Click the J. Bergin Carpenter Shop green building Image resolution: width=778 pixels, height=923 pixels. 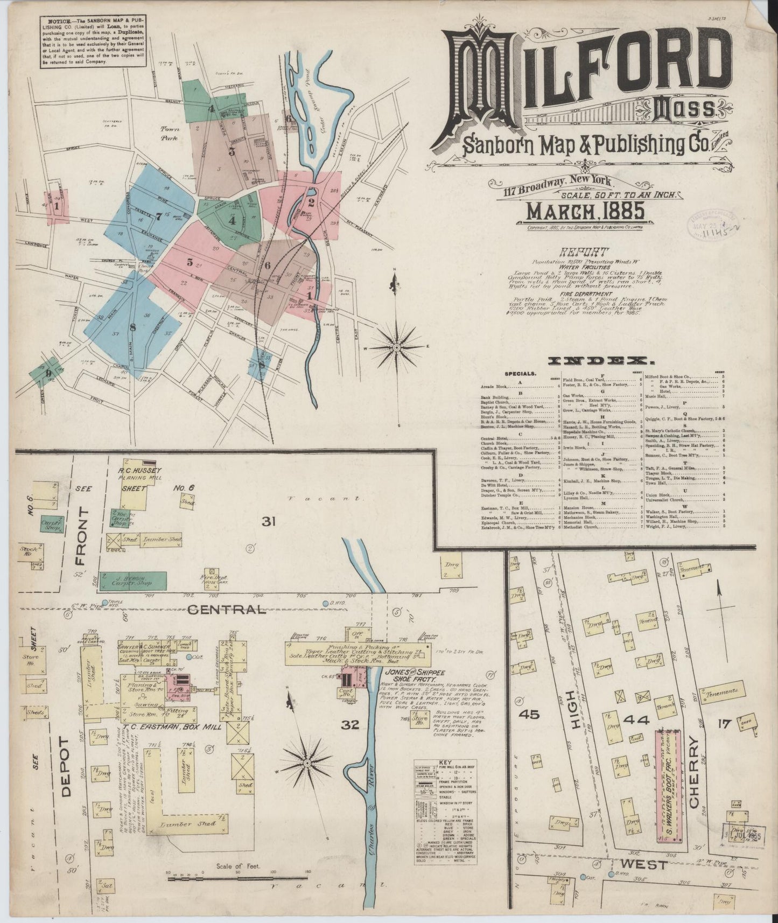coord(132,581)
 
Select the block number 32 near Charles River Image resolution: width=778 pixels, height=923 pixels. coord(351,725)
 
